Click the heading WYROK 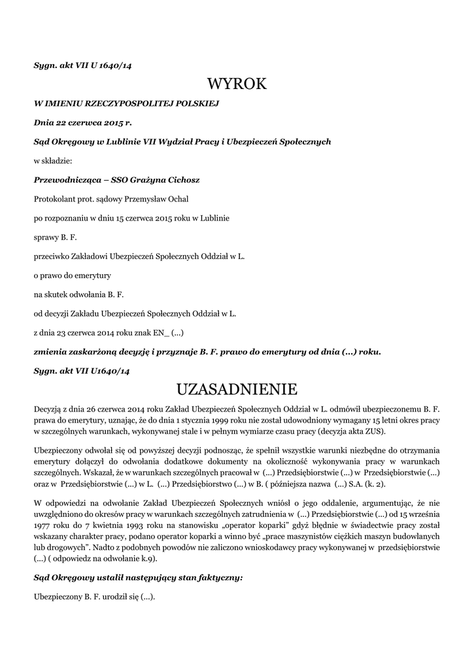tap(237, 84)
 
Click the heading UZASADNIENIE tap(237, 389)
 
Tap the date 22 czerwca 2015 tap(81, 122)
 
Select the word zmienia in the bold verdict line tap(51, 351)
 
